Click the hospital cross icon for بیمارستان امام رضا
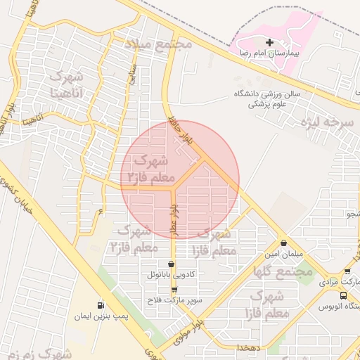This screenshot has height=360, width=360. (269, 43)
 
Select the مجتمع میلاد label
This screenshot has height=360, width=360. (159, 44)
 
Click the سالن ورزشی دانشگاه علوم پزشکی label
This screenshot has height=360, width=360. (266, 98)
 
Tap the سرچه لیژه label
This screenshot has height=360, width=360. (326, 122)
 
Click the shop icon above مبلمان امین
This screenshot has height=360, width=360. (283, 242)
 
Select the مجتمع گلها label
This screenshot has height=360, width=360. (284, 271)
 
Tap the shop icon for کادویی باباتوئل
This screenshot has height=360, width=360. (173, 264)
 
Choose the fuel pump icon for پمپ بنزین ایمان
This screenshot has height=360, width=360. (100, 306)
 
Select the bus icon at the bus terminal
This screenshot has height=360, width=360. (344, 296)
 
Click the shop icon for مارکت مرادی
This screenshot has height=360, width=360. (347, 271)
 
